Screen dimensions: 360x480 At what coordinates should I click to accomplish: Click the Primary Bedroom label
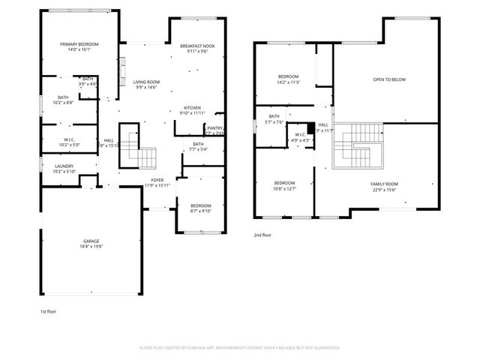coord(79,44)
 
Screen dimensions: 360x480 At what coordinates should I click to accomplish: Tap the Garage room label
coord(91,241)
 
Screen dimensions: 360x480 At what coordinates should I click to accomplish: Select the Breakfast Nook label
coord(199,46)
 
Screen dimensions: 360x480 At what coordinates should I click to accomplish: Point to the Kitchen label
coord(193,108)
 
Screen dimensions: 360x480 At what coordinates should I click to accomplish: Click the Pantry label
coord(214,128)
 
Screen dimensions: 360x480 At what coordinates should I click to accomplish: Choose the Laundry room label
coord(64,166)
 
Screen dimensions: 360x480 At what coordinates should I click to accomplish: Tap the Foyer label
coord(157,180)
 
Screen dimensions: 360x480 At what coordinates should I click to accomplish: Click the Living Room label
coord(146,82)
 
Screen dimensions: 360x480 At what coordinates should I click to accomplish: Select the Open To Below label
coord(390,79)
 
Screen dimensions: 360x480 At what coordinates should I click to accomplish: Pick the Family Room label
coord(385,184)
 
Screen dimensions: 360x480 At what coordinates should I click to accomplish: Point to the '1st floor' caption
coord(48,310)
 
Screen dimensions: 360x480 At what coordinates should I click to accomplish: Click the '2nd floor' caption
coord(263,235)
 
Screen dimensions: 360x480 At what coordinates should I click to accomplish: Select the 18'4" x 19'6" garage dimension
coord(91,247)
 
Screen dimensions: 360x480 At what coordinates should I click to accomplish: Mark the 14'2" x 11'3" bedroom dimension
coord(289,82)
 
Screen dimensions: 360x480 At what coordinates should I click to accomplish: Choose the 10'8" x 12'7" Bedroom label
coord(284,185)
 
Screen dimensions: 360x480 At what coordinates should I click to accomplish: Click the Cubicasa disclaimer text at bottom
coord(240,348)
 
